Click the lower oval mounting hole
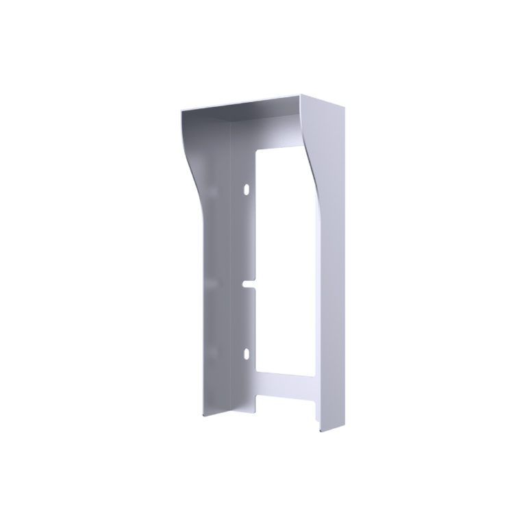(245, 353)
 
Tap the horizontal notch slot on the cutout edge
(249, 282)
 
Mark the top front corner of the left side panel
(182, 112)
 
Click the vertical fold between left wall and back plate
(231, 274)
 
